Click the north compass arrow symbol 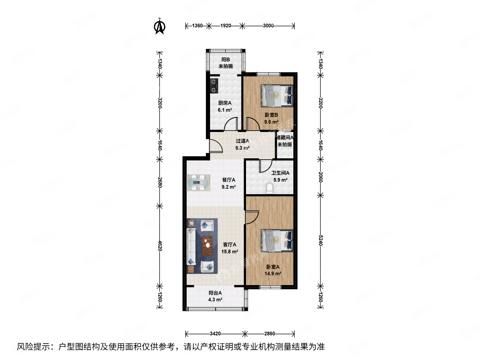[160, 27]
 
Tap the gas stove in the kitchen [214, 85]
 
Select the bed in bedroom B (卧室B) [277, 96]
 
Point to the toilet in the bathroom [270, 189]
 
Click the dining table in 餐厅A [198, 183]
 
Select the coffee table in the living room [207, 245]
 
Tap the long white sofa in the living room [191, 246]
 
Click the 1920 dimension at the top [226, 26]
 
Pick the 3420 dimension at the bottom [215, 334]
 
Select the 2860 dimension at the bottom [269, 334]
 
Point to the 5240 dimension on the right [320, 240]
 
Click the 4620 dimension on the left [160, 246]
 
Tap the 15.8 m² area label [230, 252]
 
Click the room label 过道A [242, 141]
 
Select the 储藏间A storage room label [285, 138]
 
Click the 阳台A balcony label [215, 293]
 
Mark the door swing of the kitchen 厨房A [231, 124]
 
